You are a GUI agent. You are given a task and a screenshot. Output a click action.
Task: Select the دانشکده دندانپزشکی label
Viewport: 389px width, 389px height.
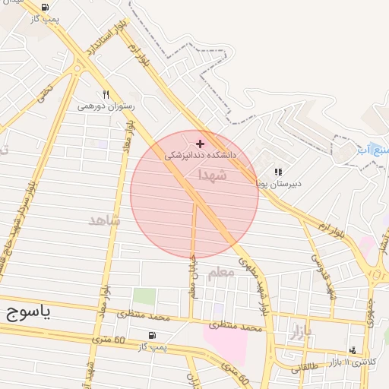point(201,154)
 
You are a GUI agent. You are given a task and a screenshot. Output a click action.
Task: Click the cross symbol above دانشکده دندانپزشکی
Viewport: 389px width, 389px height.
point(201,143)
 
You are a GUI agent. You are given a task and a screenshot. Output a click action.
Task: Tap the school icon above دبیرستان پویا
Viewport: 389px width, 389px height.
point(278,172)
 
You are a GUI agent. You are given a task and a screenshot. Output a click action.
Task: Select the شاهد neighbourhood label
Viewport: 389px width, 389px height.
point(105,220)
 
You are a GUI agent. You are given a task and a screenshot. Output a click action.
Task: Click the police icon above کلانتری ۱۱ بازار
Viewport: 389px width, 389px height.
point(352,350)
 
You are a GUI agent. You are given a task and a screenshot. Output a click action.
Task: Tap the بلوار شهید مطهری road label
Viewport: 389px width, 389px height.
point(256,288)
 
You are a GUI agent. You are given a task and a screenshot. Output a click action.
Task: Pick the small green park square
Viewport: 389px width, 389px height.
point(144,297)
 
